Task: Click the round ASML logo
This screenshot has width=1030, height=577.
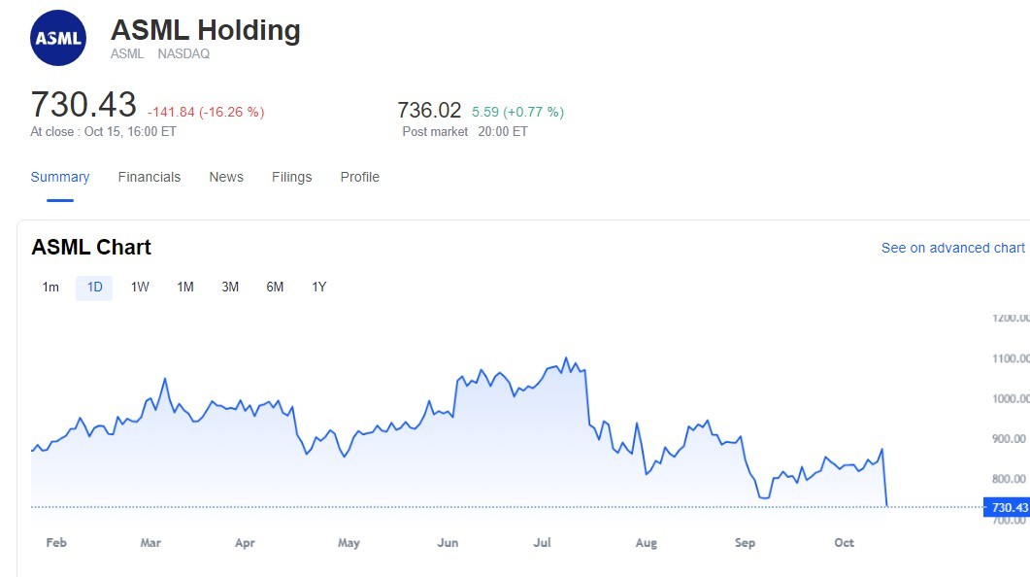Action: pyautogui.click(x=58, y=39)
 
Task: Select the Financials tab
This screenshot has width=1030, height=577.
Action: pyautogui.click(x=149, y=177)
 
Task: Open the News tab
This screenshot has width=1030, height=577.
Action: pyautogui.click(x=226, y=177)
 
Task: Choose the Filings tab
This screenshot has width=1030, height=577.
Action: pyautogui.click(x=291, y=177)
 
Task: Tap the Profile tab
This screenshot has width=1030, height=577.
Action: pyautogui.click(x=359, y=177)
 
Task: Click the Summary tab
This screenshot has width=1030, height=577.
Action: pyautogui.click(x=60, y=177)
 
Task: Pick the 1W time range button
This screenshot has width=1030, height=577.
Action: pyautogui.click(x=140, y=288)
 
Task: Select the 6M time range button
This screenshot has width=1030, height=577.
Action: pyautogui.click(x=275, y=288)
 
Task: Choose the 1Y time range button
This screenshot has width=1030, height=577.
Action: pyautogui.click(x=318, y=288)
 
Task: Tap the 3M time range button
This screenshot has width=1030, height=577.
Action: pyautogui.click(x=230, y=288)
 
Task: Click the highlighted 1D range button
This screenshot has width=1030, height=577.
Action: pyautogui.click(x=94, y=288)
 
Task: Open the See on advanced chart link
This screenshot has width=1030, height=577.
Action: pyautogui.click(x=952, y=248)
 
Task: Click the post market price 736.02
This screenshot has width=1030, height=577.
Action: pyautogui.click(x=429, y=110)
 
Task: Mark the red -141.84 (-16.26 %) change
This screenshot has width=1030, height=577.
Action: pyautogui.click(x=206, y=112)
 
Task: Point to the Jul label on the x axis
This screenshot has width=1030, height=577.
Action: pyautogui.click(x=544, y=543)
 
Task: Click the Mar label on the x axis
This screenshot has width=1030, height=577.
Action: pyautogui.click(x=150, y=543)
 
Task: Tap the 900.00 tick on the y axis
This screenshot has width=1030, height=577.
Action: pyautogui.click(x=1009, y=439)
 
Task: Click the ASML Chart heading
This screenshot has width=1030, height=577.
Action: pyautogui.click(x=91, y=248)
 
